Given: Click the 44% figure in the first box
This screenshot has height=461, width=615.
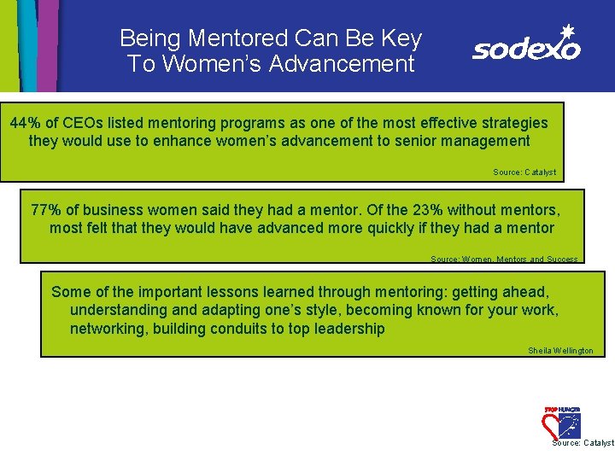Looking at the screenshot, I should (26, 123).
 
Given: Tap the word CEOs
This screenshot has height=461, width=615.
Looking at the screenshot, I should (83, 123).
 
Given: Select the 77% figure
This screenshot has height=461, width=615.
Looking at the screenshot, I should (47, 210).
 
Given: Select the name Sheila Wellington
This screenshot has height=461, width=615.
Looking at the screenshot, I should (560, 351).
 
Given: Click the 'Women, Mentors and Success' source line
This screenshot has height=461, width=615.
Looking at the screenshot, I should (504, 259).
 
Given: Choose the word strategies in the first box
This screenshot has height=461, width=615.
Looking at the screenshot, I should (507, 123).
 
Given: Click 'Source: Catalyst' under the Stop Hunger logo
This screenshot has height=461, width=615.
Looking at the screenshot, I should (583, 443).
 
